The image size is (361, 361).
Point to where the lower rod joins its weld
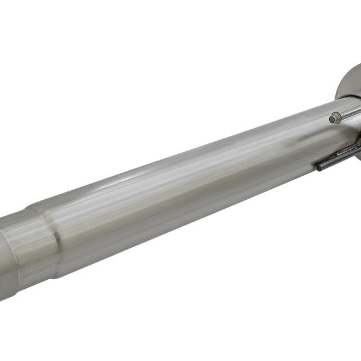click(341, 156)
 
